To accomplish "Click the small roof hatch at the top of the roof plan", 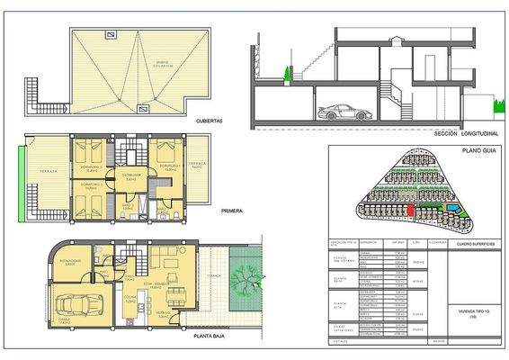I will click(110, 34).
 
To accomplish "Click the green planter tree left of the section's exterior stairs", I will click(287, 73).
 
